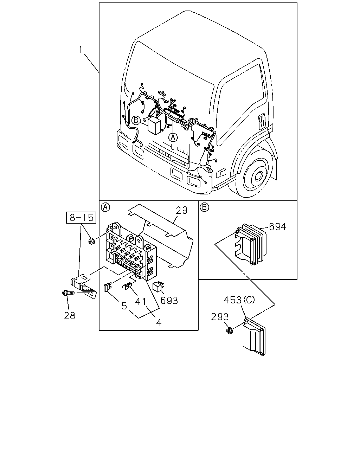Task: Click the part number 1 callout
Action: point(81,50)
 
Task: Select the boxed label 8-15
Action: point(81,218)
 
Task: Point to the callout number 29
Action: point(181,210)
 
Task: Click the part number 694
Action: point(278,227)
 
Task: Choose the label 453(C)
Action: point(239,300)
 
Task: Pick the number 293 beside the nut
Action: point(220,317)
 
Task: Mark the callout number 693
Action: point(169,301)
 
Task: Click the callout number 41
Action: point(140,302)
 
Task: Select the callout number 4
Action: point(159,322)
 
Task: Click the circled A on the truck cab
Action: point(173,137)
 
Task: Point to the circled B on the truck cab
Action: point(136,120)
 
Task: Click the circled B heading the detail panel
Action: point(204,207)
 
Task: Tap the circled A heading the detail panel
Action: point(105,207)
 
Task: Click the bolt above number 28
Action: point(68,293)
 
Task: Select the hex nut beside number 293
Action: point(230,330)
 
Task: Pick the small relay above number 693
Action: point(158,287)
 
